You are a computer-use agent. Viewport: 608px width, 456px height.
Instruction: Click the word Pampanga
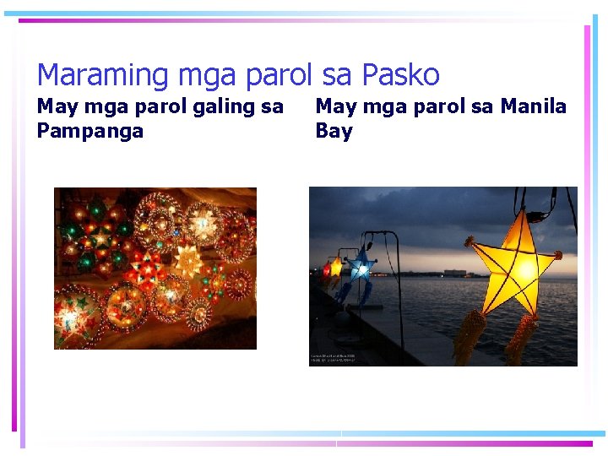tap(90, 131)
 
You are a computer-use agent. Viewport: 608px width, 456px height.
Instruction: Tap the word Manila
tap(534, 106)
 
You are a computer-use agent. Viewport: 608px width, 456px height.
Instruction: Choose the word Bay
tap(334, 131)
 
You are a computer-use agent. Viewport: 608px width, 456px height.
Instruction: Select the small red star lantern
tap(326, 270)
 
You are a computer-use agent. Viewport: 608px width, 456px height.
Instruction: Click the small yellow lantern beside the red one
tap(336, 267)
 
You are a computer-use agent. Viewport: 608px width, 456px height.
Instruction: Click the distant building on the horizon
tap(455, 272)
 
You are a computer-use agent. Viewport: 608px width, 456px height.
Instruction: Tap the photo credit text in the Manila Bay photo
tap(334, 358)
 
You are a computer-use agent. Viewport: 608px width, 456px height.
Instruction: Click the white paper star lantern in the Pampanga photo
tap(187, 262)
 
